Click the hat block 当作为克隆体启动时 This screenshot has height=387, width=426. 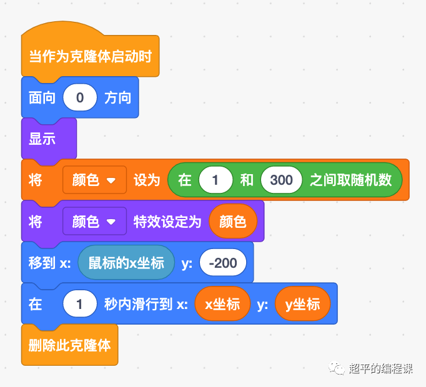[90, 57]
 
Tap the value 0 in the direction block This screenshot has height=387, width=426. [80, 98]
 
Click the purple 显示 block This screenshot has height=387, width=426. [42, 139]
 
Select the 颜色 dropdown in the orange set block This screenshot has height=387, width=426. [94, 180]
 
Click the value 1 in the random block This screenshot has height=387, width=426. [215, 180]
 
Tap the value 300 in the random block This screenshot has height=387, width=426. [281, 180]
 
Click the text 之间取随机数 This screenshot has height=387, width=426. [351, 180]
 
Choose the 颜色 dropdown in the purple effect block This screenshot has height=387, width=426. [94, 222]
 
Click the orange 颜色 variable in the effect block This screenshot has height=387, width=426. [232, 222]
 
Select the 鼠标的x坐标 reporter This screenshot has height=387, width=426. [126, 263]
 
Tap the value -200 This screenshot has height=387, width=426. [223, 263]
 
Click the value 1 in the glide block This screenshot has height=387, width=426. [80, 304]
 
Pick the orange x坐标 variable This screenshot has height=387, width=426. [223, 304]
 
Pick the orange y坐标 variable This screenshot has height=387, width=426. [302, 304]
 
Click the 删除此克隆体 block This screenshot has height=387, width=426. [69, 345]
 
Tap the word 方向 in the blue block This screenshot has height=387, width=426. [117, 98]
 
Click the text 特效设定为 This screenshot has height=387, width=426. [167, 222]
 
